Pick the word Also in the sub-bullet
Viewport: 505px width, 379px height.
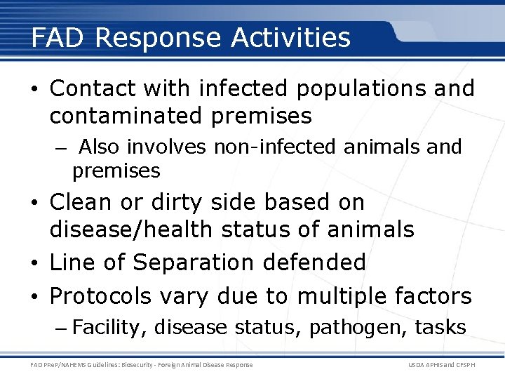[x=98, y=147]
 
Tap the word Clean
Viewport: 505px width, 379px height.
[x=81, y=202]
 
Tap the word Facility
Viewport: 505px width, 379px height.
[x=109, y=327]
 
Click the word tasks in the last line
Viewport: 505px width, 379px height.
[x=440, y=327]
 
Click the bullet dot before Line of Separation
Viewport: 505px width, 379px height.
[x=34, y=263]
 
